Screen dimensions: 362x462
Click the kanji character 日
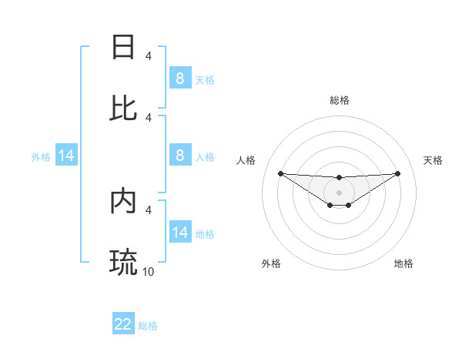[x=123, y=47]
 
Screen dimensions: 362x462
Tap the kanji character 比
[x=123, y=108]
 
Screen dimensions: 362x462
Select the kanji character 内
[x=123, y=200]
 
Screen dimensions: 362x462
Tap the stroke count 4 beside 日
[x=149, y=56]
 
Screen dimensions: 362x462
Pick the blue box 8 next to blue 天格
[x=180, y=79]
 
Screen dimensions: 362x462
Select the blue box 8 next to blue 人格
[x=180, y=156]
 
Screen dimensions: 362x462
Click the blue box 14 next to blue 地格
[x=180, y=233]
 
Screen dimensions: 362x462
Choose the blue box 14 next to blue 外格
[x=66, y=156]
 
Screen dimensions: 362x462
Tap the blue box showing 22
[x=123, y=324]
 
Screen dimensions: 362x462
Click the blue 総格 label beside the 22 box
[x=148, y=326]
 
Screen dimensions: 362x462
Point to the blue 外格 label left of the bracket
[x=41, y=157]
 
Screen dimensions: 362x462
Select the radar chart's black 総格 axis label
[x=340, y=100]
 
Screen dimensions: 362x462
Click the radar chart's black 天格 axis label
[x=433, y=160]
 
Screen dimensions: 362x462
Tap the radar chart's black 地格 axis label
[x=403, y=263]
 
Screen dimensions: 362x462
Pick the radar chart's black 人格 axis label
[x=246, y=160]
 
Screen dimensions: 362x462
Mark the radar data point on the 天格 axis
[x=398, y=173]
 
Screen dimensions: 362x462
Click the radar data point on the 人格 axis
[x=280, y=173]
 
